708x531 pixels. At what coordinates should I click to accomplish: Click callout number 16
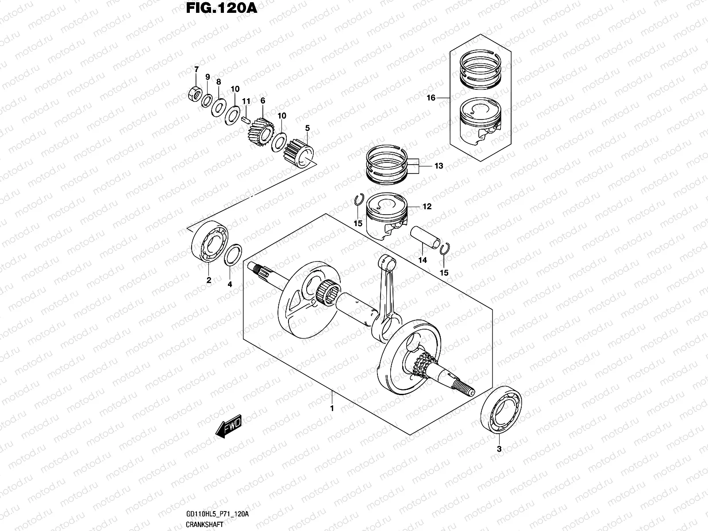coord(431,98)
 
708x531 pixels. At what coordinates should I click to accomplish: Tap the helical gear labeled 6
coord(260,132)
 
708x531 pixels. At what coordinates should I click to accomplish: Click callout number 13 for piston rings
coord(438,166)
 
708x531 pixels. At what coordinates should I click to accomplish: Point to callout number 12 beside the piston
coord(427,207)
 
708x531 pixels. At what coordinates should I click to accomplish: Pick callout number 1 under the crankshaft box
coord(332,408)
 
